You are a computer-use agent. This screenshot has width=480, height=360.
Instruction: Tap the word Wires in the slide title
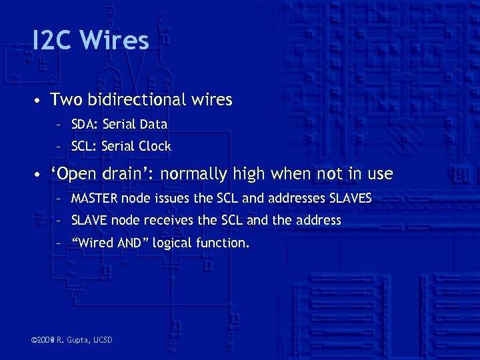click(113, 41)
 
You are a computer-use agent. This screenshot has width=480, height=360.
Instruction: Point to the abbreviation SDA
click(83, 125)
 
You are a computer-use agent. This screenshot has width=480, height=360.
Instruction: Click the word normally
click(194, 175)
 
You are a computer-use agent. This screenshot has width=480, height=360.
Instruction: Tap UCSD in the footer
click(103, 341)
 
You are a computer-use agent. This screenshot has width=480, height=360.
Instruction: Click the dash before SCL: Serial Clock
click(59, 147)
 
